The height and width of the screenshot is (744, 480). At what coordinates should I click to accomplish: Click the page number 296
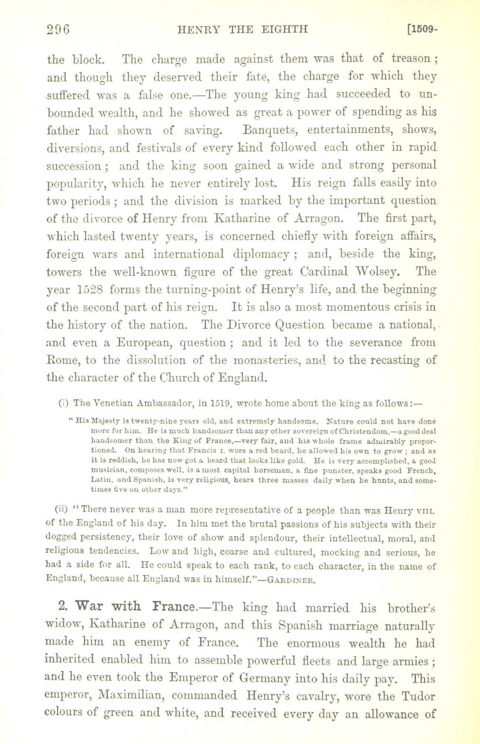(58, 29)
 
